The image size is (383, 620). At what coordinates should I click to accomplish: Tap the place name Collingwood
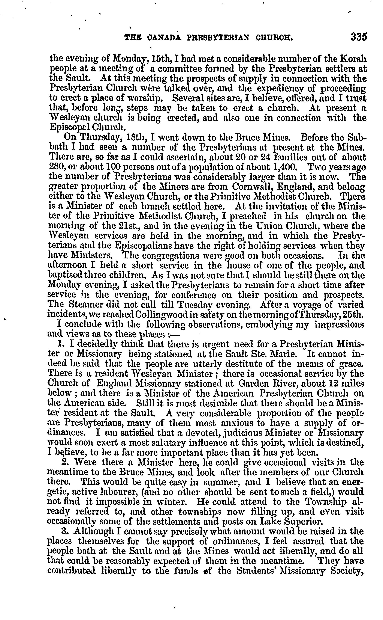click(163, 314)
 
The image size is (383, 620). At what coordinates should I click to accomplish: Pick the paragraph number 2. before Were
click(65, 462)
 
